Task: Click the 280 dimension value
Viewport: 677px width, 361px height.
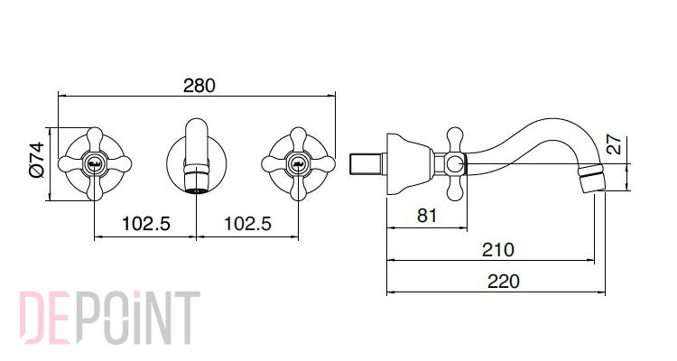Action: click(199, 85)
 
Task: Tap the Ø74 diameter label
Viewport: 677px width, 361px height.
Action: click(37, 160)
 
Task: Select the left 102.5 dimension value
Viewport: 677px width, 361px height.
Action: click(146, 224)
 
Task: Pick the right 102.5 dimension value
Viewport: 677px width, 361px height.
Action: click(247, 224)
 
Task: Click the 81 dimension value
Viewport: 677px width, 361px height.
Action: click(427, 215)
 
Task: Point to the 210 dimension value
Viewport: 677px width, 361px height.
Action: click(498, 250)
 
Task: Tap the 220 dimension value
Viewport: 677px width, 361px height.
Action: click(504, 282)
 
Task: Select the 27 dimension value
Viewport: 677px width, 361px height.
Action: click(614, 144)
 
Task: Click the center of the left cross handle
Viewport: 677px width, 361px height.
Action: click(95, 164)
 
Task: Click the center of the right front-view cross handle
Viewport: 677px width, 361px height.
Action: click(299, 164)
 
